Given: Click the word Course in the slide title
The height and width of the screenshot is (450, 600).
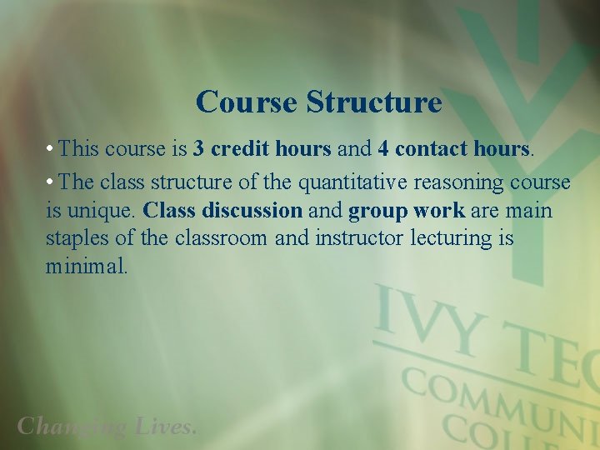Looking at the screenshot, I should pos(247,102).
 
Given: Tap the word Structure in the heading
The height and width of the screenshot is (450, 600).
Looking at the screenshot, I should pos(372,102).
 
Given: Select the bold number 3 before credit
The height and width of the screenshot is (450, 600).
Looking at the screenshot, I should pos(199,149).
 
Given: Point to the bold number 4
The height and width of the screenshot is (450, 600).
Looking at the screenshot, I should pos(383,149).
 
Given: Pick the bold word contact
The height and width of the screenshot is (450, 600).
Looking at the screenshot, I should pos(432,149).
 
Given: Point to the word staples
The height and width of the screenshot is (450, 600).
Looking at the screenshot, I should pos(82,239).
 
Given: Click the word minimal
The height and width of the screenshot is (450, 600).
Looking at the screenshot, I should pos(87,267).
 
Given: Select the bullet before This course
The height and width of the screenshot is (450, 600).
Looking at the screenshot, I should pos(51,150).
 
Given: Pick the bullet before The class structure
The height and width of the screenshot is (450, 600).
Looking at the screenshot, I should pos(51,182).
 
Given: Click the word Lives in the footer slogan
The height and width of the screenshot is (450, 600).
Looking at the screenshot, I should pos(164,427).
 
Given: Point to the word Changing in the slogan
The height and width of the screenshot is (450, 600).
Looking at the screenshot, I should pos(71,427).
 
